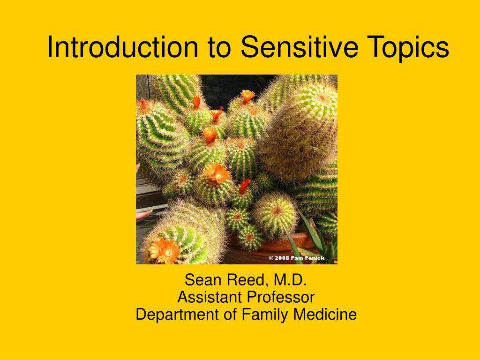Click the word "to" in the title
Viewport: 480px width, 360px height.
pyautogui.click(x=219, y=48)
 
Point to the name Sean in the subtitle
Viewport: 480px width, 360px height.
pyautogui.click(x=202, y=280)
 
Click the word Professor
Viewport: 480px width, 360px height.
pyautogui.click(x=281, y=297)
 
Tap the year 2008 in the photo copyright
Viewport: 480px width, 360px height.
pyautogui.click(x=282, y=258)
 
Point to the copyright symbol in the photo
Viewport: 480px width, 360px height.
pyautogui.click(x=271, y=258)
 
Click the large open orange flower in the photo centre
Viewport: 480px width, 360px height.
pyautogui.click(x=217, y=172)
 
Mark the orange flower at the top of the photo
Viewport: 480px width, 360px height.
pyautogui.click(x=247, y=96)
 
